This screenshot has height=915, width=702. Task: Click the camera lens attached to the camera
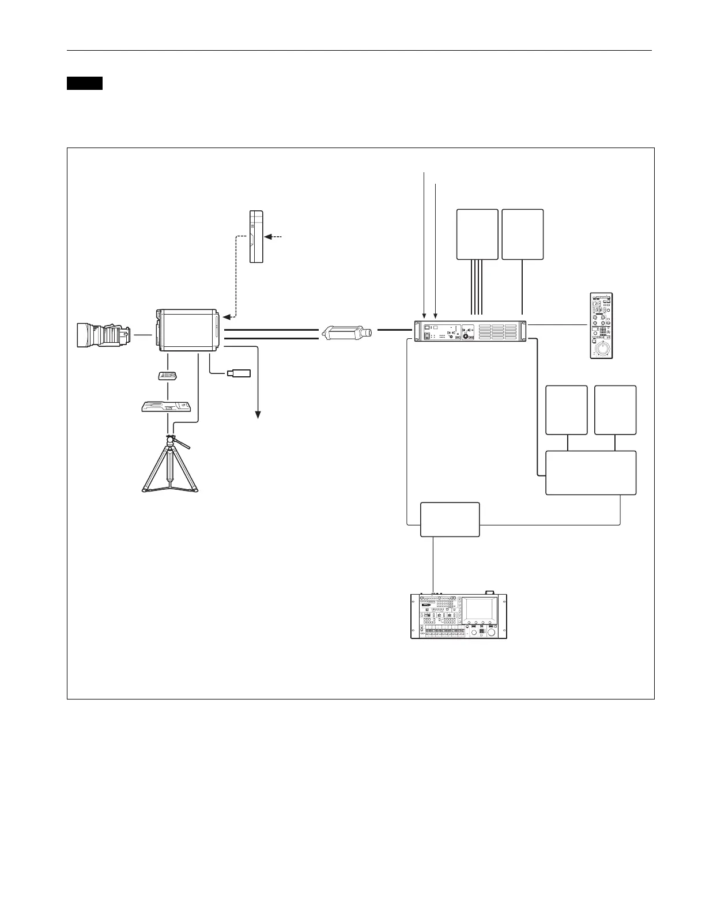[102, 335]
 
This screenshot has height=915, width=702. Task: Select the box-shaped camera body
[187, 330]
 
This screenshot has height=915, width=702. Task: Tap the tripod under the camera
[171, 467]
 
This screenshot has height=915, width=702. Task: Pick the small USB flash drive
[239, 373]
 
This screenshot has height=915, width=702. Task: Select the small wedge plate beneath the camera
[167, 376]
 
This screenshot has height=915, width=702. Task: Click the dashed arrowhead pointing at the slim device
[268, 237]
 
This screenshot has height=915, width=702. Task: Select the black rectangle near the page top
[84, 83]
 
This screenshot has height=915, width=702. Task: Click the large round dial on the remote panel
[603, 348]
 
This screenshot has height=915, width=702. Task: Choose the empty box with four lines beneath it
[477, 235]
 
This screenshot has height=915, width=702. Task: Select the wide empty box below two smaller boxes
[591, 472]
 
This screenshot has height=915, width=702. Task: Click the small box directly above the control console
[450, 519]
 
